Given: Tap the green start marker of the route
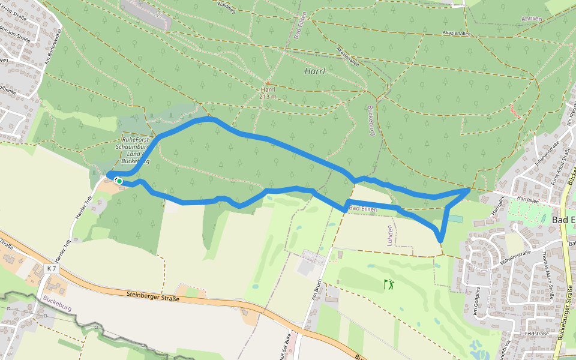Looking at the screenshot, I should click(x=119, y=181).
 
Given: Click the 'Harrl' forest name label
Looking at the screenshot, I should click(x=315, y=71).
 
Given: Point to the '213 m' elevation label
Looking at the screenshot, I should click(x=268, y=96).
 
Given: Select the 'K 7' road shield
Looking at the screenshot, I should click(x=51, y=269).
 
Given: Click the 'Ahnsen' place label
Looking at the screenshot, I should click(x=532, y=19).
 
